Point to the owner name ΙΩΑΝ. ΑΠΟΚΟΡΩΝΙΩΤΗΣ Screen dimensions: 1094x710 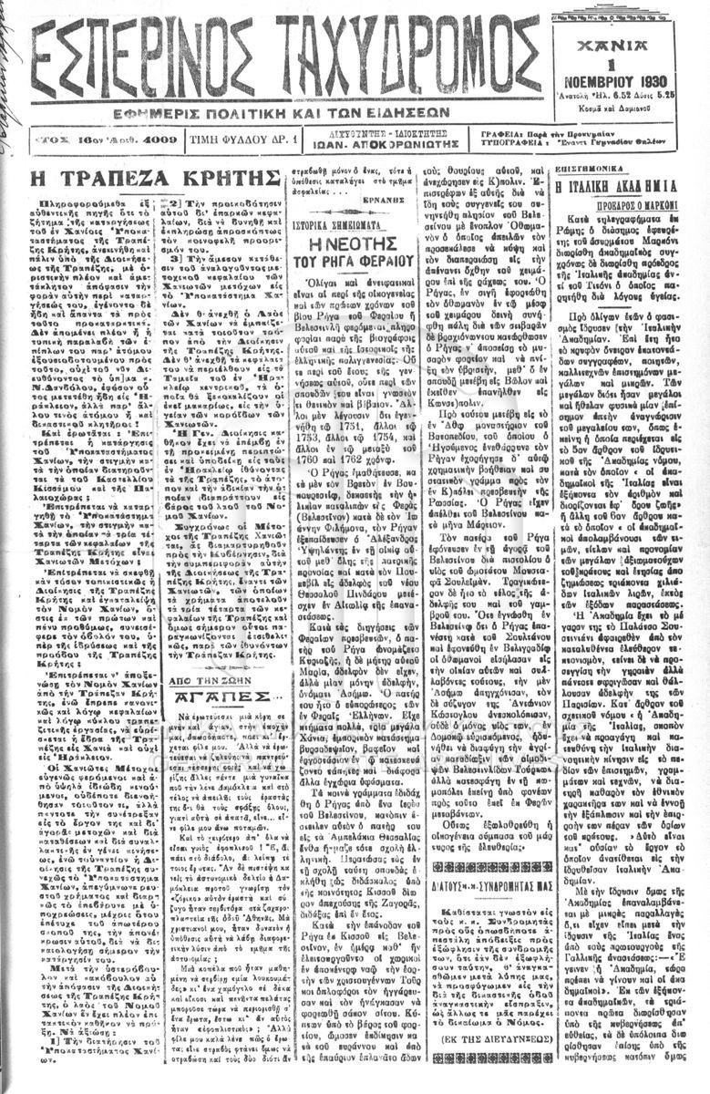tap(366, 144)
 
